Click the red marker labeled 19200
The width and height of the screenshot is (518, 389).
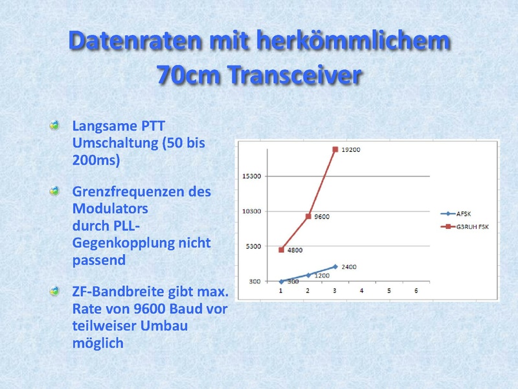(335, 150)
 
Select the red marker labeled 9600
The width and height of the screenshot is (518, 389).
(308, 217)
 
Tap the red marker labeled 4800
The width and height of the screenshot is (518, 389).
(281, 250)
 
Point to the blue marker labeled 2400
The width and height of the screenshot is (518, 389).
(335, 266)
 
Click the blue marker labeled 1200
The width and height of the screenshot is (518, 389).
(308, 275)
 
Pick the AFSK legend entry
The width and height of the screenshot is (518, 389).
(456, 214)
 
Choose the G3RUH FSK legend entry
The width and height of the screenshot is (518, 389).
(464, 226)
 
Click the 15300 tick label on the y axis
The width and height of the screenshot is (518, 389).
(251, 176)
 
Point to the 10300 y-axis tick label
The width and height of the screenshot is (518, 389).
(251, 211)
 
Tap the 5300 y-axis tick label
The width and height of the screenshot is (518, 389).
(253, 246)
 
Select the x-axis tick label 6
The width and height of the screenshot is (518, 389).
(416, 290)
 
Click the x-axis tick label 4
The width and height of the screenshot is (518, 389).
(362, 290)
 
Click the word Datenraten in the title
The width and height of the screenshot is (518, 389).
(135, 40)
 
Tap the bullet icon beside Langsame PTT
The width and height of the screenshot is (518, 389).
(54, 125)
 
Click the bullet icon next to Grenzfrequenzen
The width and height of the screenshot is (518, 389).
(54, 191)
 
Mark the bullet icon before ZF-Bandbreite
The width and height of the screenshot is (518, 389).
(54, 291)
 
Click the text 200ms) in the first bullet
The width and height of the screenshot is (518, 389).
(96, 160)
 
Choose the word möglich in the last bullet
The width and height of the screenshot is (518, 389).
(98, 344)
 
